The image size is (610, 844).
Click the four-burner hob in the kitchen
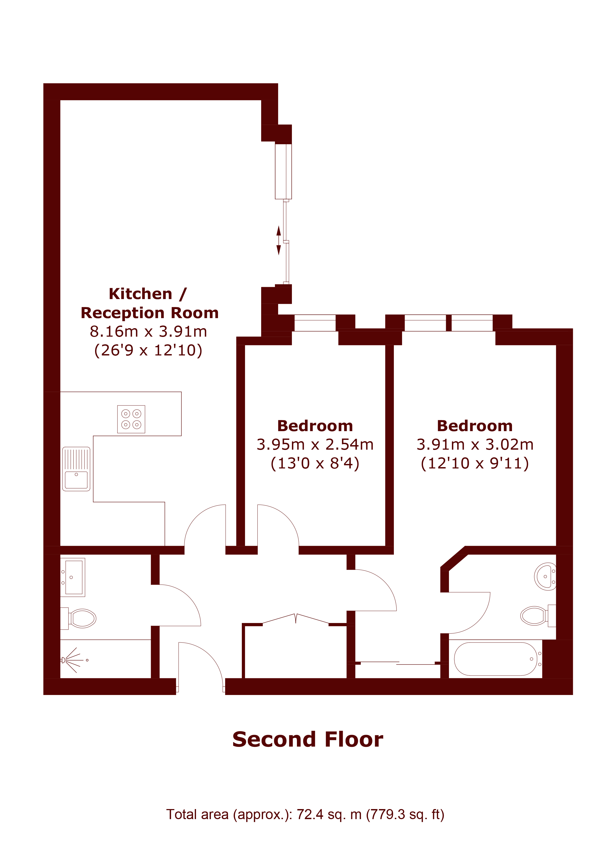(x=131, y=419)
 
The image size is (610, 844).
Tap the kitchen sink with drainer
(x=76, y=469)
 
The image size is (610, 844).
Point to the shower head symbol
(x=73, y=660)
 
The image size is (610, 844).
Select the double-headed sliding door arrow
(x=279, y=240)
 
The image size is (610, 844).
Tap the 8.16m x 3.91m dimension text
(x=148, y=331)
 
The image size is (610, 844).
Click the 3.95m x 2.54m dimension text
(x=315, y=444)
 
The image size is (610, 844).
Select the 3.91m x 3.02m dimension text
(x=475, y=444)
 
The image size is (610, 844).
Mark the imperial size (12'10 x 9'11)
(x=475, y=463)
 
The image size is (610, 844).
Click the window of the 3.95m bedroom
(x=315, y=323)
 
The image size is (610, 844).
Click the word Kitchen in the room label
(x=140, y=294)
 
